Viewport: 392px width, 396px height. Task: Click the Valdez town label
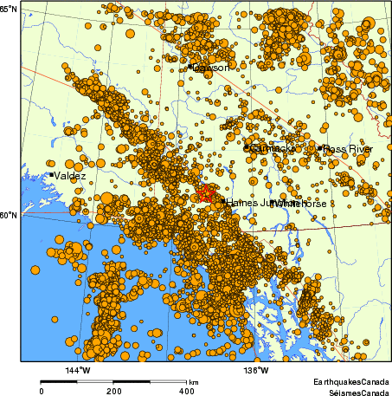coord(71,175)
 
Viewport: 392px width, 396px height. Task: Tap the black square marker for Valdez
coord(52,175)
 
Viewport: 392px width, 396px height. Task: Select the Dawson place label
coord(212,67)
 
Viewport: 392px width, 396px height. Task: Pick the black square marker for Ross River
coord(320,148)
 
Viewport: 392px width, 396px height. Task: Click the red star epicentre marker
coord(205,193)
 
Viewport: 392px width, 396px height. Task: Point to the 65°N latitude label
coord(10,9)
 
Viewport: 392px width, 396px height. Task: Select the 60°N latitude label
coord(10,215)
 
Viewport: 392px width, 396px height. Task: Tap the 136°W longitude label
coord(256,371)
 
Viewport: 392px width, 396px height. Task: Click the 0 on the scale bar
coord(42,391)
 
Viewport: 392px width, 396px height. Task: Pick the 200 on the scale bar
coord(113,391)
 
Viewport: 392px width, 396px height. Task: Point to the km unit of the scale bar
coord(194,382)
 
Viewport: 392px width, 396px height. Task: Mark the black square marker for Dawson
coord(190,67)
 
